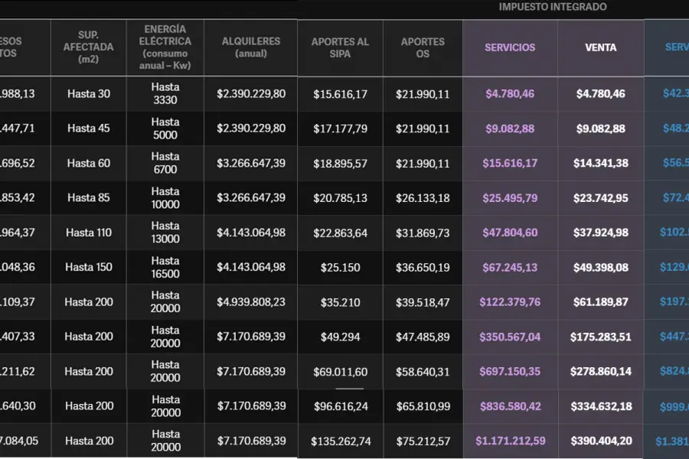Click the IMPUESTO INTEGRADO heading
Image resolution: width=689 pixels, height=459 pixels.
(553, 7)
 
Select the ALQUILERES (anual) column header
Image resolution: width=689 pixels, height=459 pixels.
(251, 47)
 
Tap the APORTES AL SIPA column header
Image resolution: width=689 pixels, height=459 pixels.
(340, 47)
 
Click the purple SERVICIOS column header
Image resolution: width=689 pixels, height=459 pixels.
(510, 47)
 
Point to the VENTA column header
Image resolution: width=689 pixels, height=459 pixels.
(601, 47)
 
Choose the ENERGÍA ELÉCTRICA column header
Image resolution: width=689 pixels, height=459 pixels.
(165, 47)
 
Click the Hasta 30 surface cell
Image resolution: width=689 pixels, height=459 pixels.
(89, 94)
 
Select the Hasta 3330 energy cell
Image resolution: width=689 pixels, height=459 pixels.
(165, 94)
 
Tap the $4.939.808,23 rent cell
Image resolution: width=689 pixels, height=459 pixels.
(251, 302)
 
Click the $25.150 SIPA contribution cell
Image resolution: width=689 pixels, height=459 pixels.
(341, 268)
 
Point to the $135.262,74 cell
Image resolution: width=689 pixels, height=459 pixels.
(341, 441)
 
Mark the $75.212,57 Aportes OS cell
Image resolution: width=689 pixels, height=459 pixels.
(423, 441)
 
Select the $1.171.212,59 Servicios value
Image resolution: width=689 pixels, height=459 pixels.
(511, 441)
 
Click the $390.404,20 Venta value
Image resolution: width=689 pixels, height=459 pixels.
(600, 441)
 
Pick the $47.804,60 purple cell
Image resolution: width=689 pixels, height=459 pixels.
(511, 233)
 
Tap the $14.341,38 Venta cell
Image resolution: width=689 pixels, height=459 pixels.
(601, 163)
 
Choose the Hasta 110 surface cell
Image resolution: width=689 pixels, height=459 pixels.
(89, 233)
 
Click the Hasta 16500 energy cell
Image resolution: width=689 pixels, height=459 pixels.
(165, 268)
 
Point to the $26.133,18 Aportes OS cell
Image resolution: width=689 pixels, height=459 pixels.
(423, 198)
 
